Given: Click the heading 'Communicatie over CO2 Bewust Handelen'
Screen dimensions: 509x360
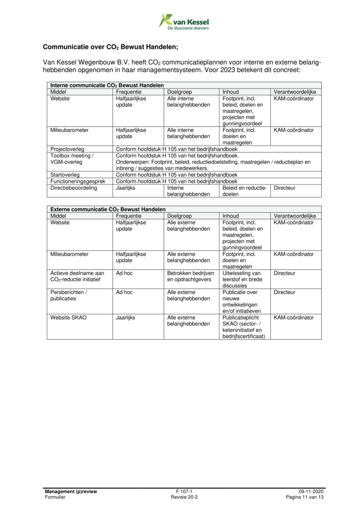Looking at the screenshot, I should (110, 48).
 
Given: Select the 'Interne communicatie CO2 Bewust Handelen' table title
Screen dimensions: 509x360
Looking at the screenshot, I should (107, 85).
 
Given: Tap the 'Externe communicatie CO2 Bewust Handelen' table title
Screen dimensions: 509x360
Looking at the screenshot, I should (107, 210).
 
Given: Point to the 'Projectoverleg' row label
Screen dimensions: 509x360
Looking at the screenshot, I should (67, 149).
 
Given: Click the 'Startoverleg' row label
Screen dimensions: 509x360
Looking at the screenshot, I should (65, 175).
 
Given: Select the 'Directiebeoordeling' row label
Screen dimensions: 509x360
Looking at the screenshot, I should (74, 188).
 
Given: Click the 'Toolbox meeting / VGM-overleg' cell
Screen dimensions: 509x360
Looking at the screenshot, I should (72, 159).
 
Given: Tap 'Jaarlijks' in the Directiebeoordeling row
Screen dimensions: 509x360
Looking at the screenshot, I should (126, 188).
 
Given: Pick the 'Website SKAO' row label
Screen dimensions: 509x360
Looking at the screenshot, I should (69, 317).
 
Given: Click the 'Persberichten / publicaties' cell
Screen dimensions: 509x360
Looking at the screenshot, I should (69, 295).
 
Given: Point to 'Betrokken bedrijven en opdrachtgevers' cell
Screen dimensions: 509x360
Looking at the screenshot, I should (190, 276).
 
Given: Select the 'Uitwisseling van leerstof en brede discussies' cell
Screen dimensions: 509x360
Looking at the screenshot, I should (242, 279).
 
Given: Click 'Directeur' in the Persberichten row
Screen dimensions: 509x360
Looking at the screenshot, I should (284, 292).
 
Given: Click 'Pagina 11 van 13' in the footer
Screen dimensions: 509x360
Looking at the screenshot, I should (305, 497).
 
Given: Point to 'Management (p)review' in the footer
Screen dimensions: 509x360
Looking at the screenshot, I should (71, 491).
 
